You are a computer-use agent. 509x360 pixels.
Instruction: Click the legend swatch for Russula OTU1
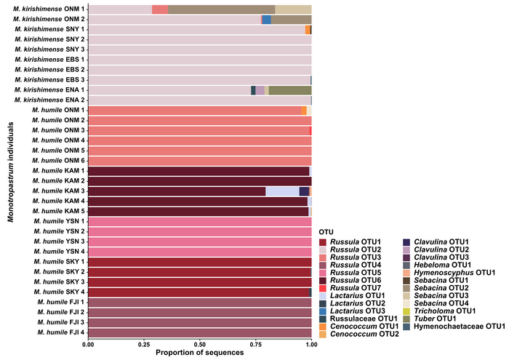coord(324,241)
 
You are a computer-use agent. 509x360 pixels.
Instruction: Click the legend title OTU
coord(326,231)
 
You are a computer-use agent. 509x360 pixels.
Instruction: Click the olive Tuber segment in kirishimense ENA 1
coord(290,89)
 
